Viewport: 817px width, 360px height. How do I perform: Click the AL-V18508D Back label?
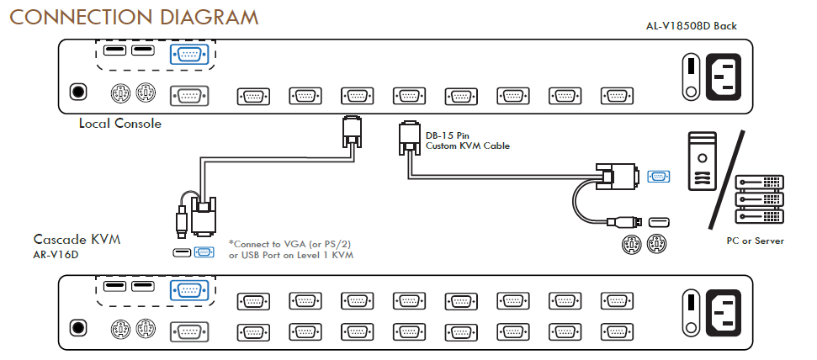pos(691,26)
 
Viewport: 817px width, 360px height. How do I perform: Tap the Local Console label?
pos(119,124)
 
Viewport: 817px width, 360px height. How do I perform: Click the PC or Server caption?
pos(755,241)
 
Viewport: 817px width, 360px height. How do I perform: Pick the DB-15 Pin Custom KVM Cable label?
pos(467,140)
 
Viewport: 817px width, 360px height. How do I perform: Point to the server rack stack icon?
pos(759,199)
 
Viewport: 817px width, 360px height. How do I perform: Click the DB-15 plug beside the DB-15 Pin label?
pos(410,138)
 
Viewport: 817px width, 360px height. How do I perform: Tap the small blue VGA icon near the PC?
pos(660,176)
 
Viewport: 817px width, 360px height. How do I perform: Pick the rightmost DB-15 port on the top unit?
pos(617,95)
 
